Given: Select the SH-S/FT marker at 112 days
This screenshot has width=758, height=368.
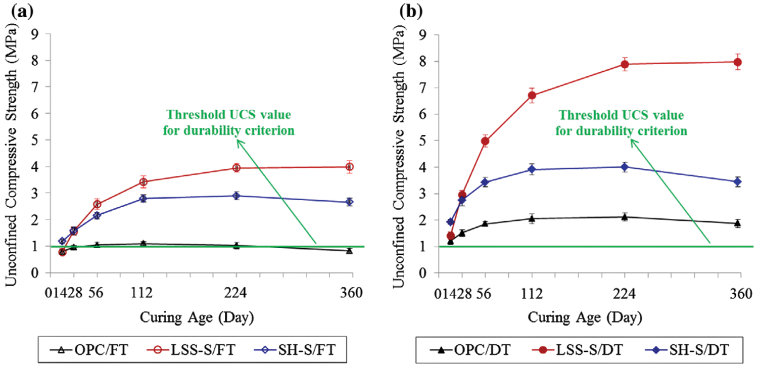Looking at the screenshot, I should (143, 199).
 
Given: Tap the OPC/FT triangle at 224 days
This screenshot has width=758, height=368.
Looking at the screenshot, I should (236, 246).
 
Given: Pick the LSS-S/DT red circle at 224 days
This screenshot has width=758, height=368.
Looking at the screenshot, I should (625, 64).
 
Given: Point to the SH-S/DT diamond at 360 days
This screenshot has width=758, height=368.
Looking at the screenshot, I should (738, 182).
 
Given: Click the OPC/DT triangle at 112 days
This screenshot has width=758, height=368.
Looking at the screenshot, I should (532, 218).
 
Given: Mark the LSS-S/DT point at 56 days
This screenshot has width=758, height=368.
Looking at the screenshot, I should (485, 141).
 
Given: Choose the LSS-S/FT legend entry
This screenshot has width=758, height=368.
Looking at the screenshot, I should (192, 348).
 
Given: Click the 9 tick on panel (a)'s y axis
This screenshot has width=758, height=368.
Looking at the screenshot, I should (34, 34).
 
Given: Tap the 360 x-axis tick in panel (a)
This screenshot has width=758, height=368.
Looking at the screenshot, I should (352, 293).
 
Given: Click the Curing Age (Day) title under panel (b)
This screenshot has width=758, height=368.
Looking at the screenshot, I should (585, 318).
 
